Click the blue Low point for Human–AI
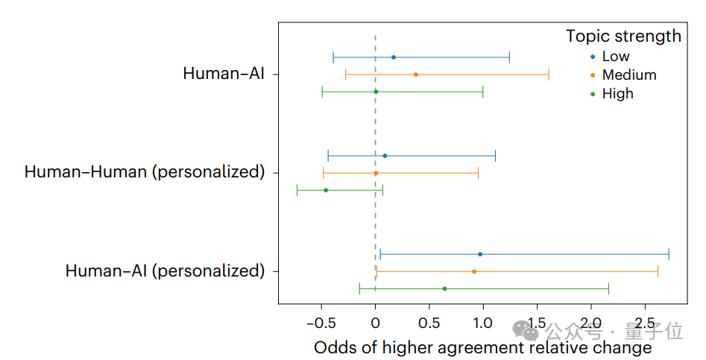tap(394, 57)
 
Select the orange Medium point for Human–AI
tap(415, 75)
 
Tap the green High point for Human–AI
tap(376, 92)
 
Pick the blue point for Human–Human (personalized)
tap(385, 156)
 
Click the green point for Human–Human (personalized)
tap(326, 190)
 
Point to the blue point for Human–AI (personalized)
tap(480, 254)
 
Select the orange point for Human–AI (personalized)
tap(474, 271)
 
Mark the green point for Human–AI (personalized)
tap(444, 288)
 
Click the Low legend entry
tap(615, 57)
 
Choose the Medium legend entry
tap(628, 75)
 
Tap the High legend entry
tap(617, 93)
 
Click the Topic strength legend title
tap(623, 36)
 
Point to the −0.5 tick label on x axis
tap(321, 323)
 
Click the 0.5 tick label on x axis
tap(429, 323)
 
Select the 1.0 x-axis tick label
tap(483, 323)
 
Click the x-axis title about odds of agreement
tap(482, 348)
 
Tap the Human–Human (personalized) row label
tap(145, 172)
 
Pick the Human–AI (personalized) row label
tap(165, 271)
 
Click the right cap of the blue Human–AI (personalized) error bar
tap(669, 254)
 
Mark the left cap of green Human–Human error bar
tap(297, 190)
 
